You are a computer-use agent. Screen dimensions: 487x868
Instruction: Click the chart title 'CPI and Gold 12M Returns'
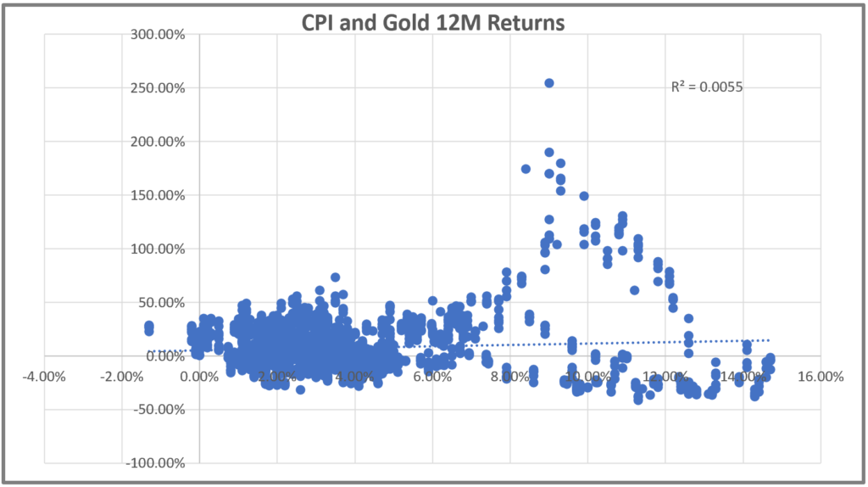tap(433, 22)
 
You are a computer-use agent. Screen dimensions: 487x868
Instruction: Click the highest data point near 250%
tap(549, 83)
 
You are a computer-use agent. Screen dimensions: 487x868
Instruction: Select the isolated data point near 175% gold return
tap(526, 169)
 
